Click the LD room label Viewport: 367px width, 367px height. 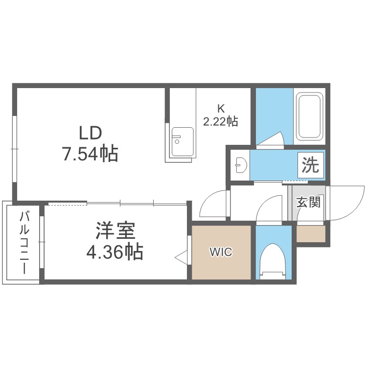tap(91, 133)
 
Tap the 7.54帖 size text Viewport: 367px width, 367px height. tap(90, 154)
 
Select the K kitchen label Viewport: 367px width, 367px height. tap(221, 109)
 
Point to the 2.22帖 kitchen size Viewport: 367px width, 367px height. tap(221, 121)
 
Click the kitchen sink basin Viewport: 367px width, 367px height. tap(183, 142)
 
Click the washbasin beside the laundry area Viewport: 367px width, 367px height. tap(241, 165)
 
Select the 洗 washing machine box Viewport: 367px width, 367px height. tap(310, 165)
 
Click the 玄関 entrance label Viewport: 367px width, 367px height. tap(308, 203)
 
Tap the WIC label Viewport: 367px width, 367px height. tap(221, 252)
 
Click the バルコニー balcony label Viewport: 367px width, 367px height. tap(24, 242)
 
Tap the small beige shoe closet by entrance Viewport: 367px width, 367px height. tap(311, 234)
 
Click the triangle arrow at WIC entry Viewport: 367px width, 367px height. tap(181, 258)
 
